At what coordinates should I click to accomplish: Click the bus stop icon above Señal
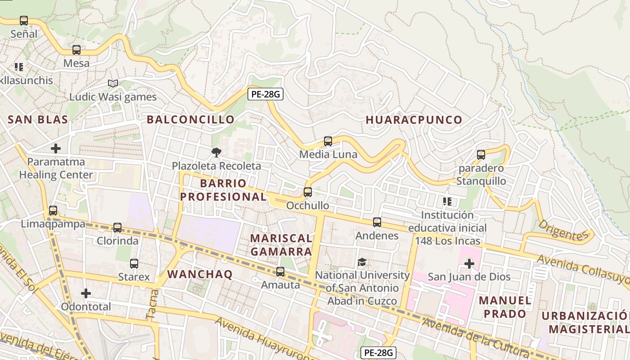click(x=24, y=21)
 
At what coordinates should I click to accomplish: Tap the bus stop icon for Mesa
click(x=76, y=50)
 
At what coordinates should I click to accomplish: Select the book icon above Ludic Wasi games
click(x=112, y=84)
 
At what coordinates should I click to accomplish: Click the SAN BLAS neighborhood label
click(x=38, y=120)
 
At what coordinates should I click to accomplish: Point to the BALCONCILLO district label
click(x=191, y=120)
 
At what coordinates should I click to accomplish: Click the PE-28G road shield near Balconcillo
click(x=265, y=94)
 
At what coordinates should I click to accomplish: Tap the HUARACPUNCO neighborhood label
click(x=414, y=120)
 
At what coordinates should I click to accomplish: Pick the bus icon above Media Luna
click(x=328, y=141)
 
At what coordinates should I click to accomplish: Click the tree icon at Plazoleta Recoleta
click(x=216, y=153)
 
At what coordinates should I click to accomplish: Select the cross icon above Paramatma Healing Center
click(x=56, y=148)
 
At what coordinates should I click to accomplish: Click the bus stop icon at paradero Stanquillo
click(x=481, y=155)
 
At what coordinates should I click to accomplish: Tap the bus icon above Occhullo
click(x=308, y=192)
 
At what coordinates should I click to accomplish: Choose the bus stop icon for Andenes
click(x=377, y=222)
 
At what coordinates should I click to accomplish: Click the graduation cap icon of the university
click(x=362, y=262)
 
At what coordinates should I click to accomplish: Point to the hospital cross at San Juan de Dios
click(x=469, y=263)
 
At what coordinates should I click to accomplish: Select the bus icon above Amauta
click(x=280, y=272)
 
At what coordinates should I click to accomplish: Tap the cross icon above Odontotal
click(x=86, y=293)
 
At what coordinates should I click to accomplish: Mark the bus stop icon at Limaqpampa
click(x=53, y=211)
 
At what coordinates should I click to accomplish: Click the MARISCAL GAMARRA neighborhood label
click(x=281, y=245)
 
